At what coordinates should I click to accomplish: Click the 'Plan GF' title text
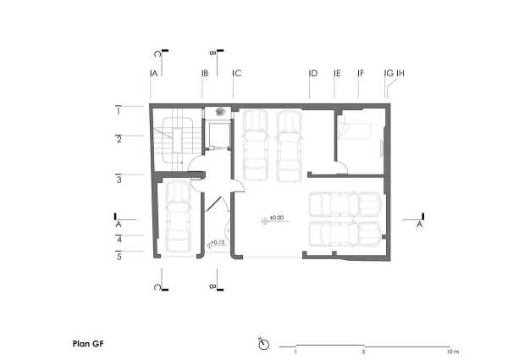[88, 344]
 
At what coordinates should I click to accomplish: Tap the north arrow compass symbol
[263, 344]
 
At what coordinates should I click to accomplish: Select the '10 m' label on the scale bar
[453, 352]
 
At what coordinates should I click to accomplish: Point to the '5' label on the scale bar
[364, 352]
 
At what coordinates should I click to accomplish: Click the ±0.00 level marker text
[277, 218]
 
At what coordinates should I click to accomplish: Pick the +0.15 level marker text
[218, 242]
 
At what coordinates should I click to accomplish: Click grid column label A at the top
[155, 74]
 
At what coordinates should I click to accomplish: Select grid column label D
[314, 73]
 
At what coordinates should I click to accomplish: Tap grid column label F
[362, 73]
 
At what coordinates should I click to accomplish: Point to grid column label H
[401, 73]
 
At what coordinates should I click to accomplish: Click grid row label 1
[119, 112]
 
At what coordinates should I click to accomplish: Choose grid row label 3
[119, 180]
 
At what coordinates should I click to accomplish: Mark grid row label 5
[119, 257]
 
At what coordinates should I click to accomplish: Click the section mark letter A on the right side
[420, 224]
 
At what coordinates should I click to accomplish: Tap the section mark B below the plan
[213, 286]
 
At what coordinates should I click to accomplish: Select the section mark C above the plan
[157, 54]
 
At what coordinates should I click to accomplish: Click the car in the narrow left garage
[178, 216]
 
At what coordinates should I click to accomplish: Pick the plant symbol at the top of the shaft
[221, 112]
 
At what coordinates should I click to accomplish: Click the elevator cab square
[219, 135]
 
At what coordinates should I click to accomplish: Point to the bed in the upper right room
[354, 131]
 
